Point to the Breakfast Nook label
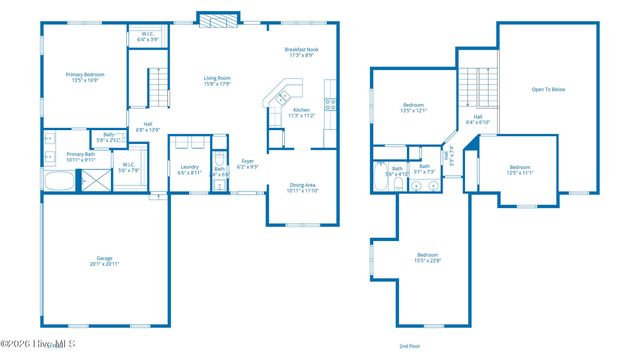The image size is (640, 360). (300, 53)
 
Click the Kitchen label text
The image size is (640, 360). (302, 113)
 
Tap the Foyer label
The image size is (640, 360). (248, 163)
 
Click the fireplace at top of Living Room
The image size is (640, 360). (218, 18)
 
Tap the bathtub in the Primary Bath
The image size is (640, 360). (59, 182)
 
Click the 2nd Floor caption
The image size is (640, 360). (410, 345)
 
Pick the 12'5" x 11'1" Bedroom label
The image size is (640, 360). (520, 170)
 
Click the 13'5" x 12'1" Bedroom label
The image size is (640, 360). (415, 108)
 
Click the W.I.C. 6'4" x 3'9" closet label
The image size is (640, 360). (147, 37)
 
